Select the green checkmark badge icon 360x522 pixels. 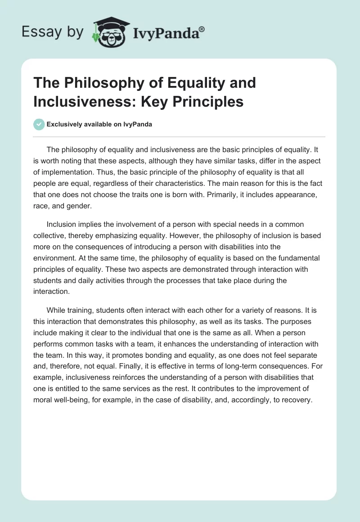click(40, 124)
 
